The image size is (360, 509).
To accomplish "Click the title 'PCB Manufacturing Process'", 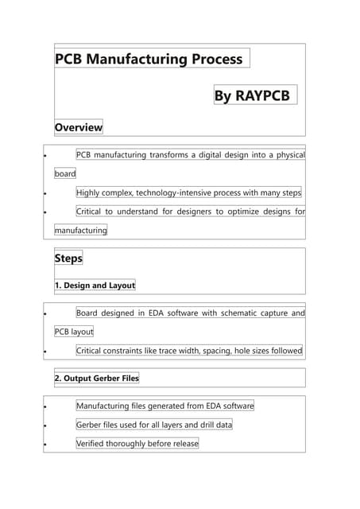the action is (x=149, y=59).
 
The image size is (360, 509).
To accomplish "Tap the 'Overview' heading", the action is (x=78, y=127).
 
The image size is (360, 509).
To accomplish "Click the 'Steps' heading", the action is (x=68, y=258).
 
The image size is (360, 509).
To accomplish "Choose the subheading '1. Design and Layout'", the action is (x=95, y=286).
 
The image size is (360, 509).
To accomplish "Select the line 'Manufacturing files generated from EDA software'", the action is (x=165, y=406).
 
